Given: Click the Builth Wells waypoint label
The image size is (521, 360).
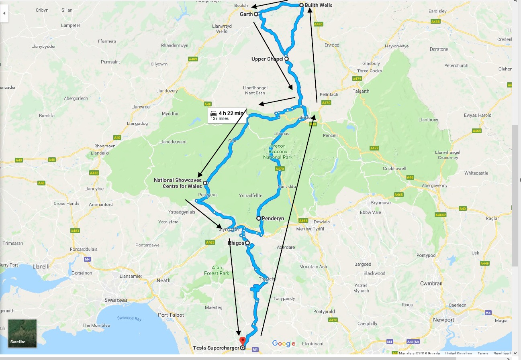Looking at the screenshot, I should [x=318, y=5].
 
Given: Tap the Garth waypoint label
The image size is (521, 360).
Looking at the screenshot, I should [x=246, y=14].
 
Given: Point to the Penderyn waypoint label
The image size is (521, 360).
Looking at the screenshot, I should [x=273, y=218].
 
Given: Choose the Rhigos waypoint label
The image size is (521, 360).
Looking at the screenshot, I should [x=236, y=243].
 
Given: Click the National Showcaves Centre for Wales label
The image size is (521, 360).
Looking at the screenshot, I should [x=178, y=183].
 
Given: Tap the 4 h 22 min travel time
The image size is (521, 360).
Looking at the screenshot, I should [x=231, y=113].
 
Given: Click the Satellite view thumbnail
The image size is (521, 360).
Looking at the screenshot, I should [x=22, y=333].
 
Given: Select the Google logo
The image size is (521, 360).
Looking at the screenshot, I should [x=284, y=344].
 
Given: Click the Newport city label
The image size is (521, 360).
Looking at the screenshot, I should [x=443, y=320].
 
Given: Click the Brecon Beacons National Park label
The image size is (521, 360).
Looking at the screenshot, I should [x=281, y=151].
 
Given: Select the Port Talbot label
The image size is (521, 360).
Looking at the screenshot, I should [x=171, y=315].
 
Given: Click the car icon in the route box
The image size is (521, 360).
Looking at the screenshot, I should [x=214, y=113].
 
